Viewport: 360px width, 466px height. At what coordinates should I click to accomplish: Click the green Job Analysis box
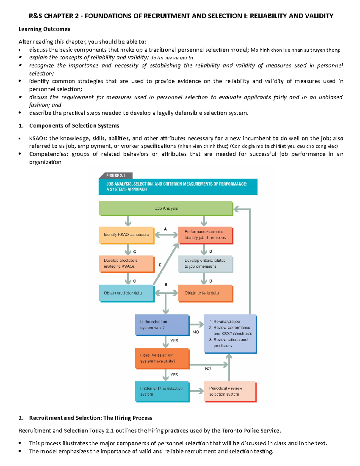coord(166,208)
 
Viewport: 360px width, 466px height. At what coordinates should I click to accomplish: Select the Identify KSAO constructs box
coord(126,235)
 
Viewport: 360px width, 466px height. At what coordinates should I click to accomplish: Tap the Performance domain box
coord(205,235)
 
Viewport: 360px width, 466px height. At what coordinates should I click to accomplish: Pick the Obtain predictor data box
coord(126,293)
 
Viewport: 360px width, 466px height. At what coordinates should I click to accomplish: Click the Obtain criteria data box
coord(205,293)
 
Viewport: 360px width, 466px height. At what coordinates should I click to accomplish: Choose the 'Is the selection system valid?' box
coord(162,325)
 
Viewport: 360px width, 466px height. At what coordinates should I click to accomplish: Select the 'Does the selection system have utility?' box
coord(162,358)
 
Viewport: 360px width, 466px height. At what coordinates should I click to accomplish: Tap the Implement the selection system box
coord(162,391)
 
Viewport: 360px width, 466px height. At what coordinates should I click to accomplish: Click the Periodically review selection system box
coord(230,391)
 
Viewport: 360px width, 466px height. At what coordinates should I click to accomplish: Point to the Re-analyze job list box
coord(230,333)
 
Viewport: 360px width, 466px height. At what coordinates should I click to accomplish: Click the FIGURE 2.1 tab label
coord(115,176)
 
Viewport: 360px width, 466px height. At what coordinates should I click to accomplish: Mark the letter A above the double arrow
coord(165,229)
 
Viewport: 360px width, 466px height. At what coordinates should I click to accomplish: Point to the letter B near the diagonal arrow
coord(166,284)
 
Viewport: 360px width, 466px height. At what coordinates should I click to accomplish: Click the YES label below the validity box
coord(174,341)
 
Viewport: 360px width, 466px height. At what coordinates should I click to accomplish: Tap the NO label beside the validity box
coord(196,332)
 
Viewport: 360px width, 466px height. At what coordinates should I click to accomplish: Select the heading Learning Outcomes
coord(44,29)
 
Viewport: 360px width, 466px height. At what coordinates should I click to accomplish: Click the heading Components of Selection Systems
coord(74,126)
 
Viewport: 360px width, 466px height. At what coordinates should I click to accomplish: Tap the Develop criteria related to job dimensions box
coord(205,263)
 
